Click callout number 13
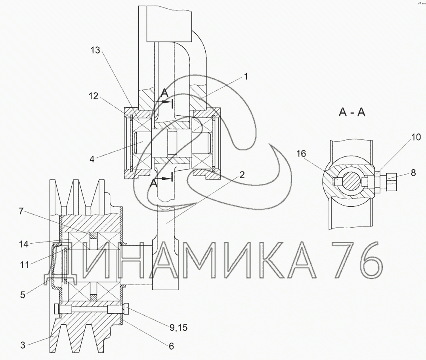[95, 50]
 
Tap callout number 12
[93, 96]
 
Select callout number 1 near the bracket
[246, 76]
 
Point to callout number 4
[92, 159]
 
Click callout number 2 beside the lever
[242, 175]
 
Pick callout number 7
[21, 211]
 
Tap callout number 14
[24, 244]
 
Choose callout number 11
[25, 265]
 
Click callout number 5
[23, 295]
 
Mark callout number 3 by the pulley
[23, 345]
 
